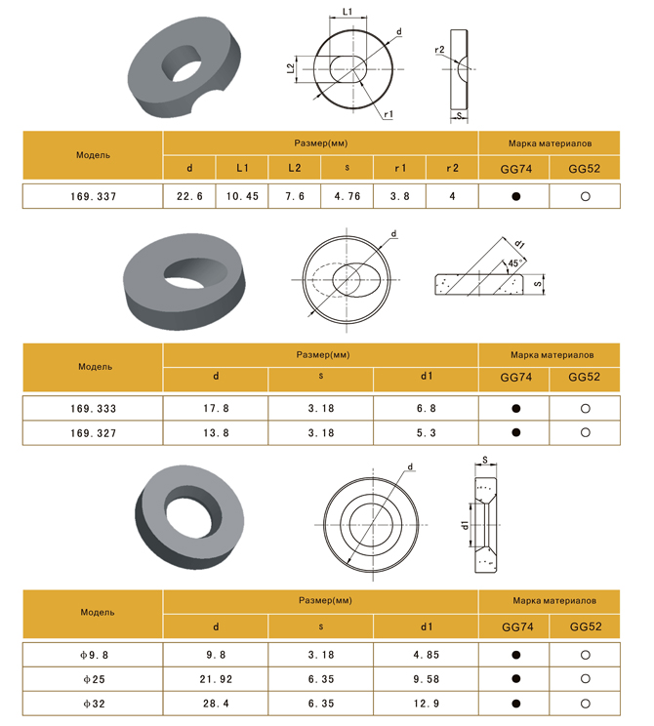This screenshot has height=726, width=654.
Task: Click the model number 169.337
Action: click(x=93, y=196)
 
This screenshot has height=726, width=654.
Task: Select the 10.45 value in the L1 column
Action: click(x=242, y=196)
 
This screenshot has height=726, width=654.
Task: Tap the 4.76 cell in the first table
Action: click(x=347, y=196)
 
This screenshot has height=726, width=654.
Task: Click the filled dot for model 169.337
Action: click(x=516, y=196)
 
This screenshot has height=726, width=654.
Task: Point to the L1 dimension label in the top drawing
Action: click(x=347, y=12)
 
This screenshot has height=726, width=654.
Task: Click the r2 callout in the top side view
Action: click(x=439, y=50)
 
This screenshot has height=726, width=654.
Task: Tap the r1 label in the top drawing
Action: click(x=388, y=114)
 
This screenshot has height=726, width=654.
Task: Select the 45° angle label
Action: click(x=514, y=263)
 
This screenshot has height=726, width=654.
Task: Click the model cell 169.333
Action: click(x=93, y=408)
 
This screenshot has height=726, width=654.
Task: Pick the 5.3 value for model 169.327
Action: click(x=427, y=433)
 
